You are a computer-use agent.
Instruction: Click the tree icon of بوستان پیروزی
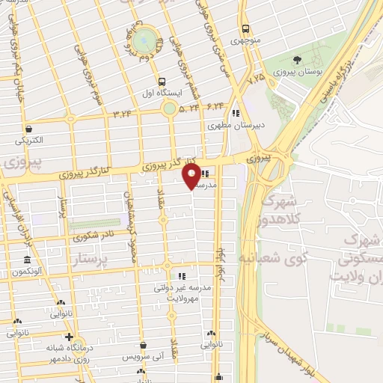298,59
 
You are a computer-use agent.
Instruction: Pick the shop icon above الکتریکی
28,129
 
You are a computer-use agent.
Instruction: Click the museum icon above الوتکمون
27,260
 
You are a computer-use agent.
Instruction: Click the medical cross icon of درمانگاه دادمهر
69,337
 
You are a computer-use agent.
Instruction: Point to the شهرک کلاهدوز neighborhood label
278,212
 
